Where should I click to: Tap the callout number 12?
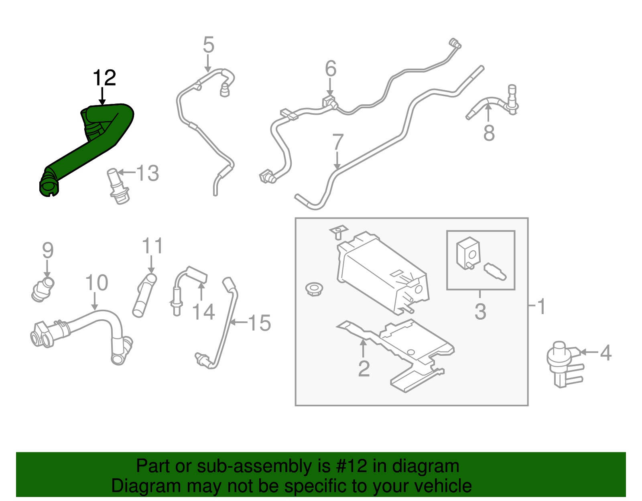click(104, 78)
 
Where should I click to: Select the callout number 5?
click(209, 45)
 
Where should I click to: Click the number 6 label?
click(331, 69)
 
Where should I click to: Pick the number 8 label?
click(489, 133)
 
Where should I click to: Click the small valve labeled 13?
click(116, 185)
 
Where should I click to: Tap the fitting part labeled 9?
click(43, 289)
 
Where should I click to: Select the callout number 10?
click(97, 283)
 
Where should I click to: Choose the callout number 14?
click(203, 312)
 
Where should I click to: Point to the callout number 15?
click(260, 323)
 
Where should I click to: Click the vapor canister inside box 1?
click(381, 273)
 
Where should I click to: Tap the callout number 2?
click(364, 369)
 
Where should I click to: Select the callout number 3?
click(480, 312)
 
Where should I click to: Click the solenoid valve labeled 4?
click(562, 363)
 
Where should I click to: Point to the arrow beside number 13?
click(127, 173)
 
